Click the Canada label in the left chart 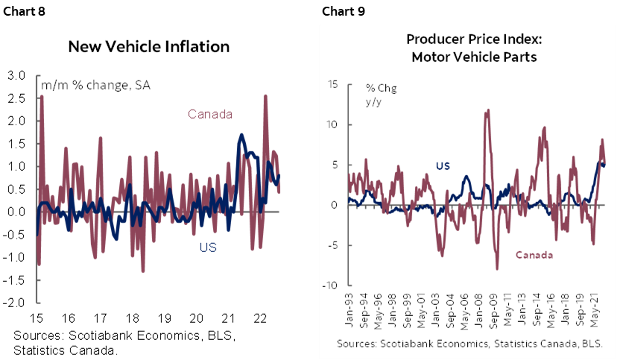[x=210, y=114]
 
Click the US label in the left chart [x=208, y=247]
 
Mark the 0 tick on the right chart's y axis [x=335, y=205]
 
